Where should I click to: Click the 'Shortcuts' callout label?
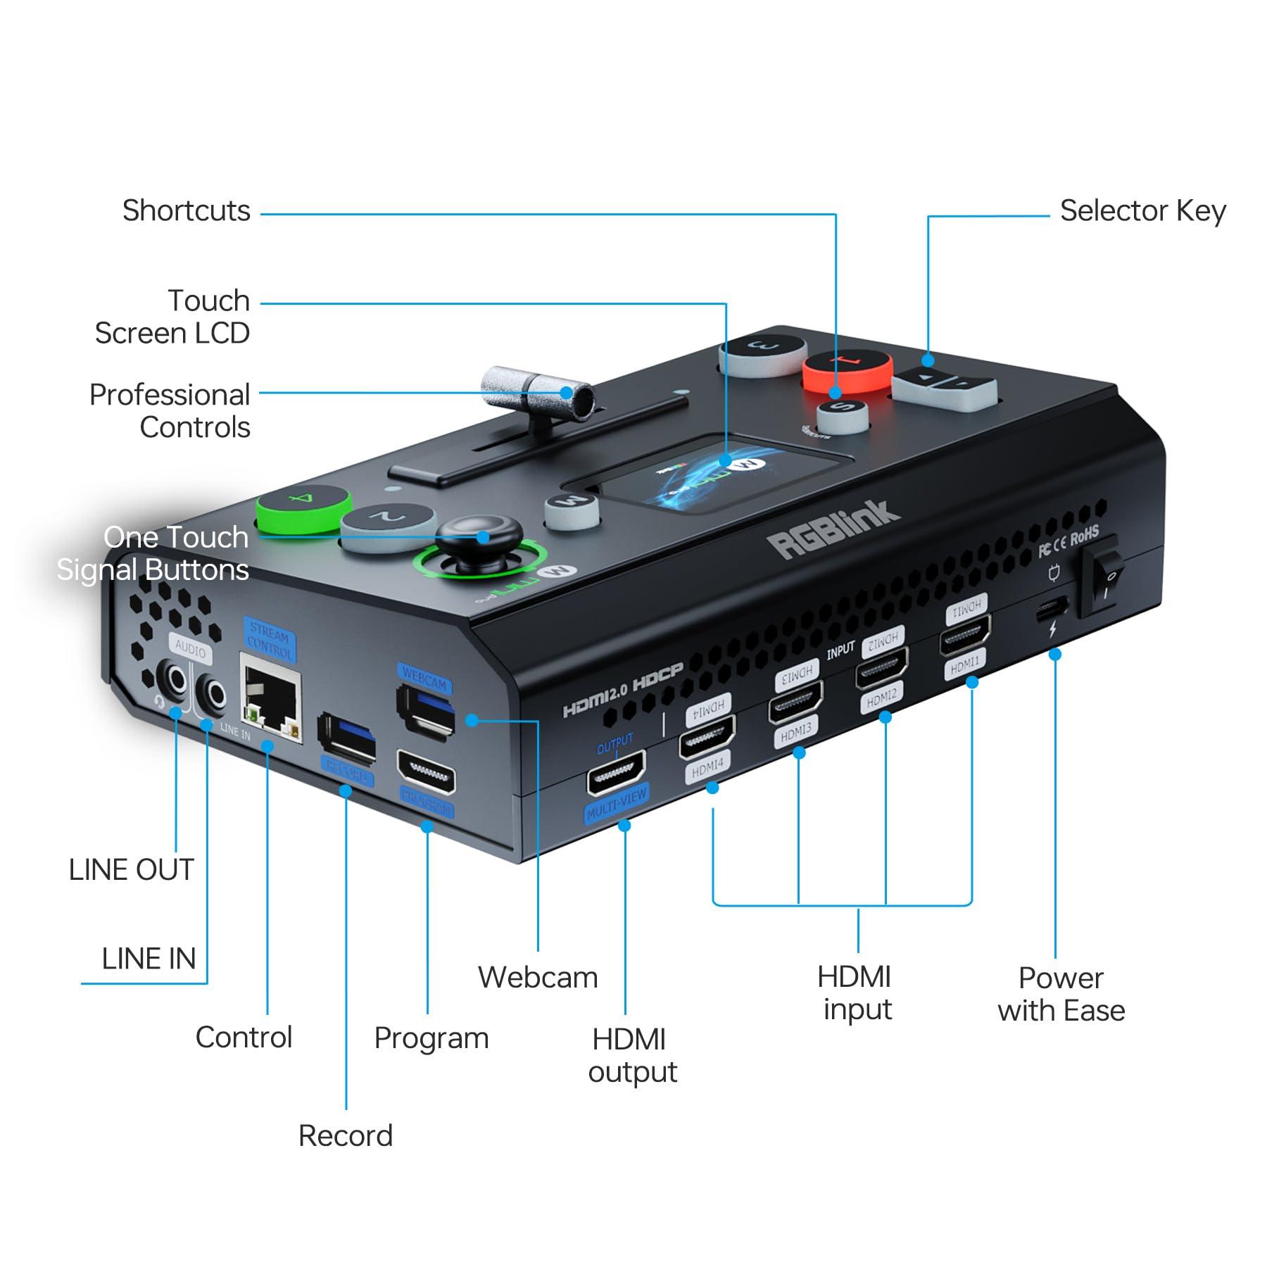(186, 210)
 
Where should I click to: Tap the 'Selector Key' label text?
(1142, 210)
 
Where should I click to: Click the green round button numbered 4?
(303, 508)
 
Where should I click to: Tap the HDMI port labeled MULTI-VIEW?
(616, 772)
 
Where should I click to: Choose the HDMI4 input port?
(706, 736)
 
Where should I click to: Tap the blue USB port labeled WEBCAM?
(426, 711)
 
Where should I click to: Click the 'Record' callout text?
(345, 1136)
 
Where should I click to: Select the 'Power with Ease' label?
(1061, 994)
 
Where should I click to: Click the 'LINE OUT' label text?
(131, 870)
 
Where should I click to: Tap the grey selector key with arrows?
(944, 384)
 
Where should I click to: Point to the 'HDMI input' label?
(856, 993)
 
